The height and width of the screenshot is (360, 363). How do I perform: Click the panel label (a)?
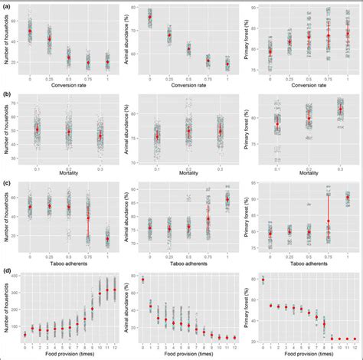8,6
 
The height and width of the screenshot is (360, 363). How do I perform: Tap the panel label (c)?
8,183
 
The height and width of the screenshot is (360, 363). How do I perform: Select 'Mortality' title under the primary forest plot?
309,173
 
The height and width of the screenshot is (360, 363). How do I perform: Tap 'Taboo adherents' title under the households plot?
68,260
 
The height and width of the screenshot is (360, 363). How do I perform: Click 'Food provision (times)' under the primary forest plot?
309,354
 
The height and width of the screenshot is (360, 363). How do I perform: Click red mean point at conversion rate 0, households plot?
30,31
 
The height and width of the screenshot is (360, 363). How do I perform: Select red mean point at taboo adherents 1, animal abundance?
227,200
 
